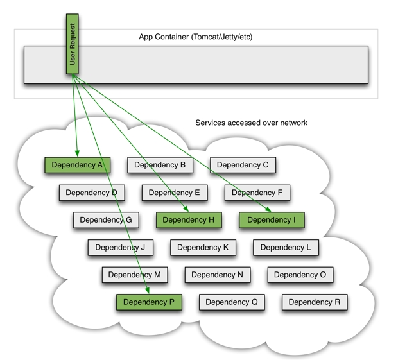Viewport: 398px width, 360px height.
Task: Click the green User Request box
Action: click(x=72, y=44)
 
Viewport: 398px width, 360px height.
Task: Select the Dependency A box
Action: click(x=77, y=165)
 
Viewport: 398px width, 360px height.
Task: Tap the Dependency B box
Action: click(x=160, y=165)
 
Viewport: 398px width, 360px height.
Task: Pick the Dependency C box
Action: click(x=243, y=165)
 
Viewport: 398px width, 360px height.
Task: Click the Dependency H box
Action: click(x=189, y=220)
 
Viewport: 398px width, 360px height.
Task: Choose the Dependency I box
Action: click(x=272, y=220)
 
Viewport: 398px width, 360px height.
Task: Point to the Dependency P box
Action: click(x=149, y=302)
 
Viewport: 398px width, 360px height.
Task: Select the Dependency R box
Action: click(x=315, y=302)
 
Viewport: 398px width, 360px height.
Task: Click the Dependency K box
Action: click(x=203, y=248)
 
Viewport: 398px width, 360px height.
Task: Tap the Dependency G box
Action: click(x=106, y=220)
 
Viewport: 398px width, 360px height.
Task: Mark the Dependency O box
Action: click(x=300, y=275)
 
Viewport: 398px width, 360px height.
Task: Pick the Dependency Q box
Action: click(x=232, y=302)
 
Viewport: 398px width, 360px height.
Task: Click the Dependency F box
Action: click(x=257, y=193)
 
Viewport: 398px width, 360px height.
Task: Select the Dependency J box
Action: click(x=120, y=248)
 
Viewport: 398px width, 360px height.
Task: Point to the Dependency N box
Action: click(x=217, y=275)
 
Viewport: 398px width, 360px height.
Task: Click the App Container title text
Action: click(x=196, y=37)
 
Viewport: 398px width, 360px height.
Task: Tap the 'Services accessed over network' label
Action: click(x=251, y=123)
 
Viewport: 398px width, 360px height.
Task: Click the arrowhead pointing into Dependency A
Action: click(x=77, y=153)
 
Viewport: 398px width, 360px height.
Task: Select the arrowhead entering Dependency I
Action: click(x=268, y=209)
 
